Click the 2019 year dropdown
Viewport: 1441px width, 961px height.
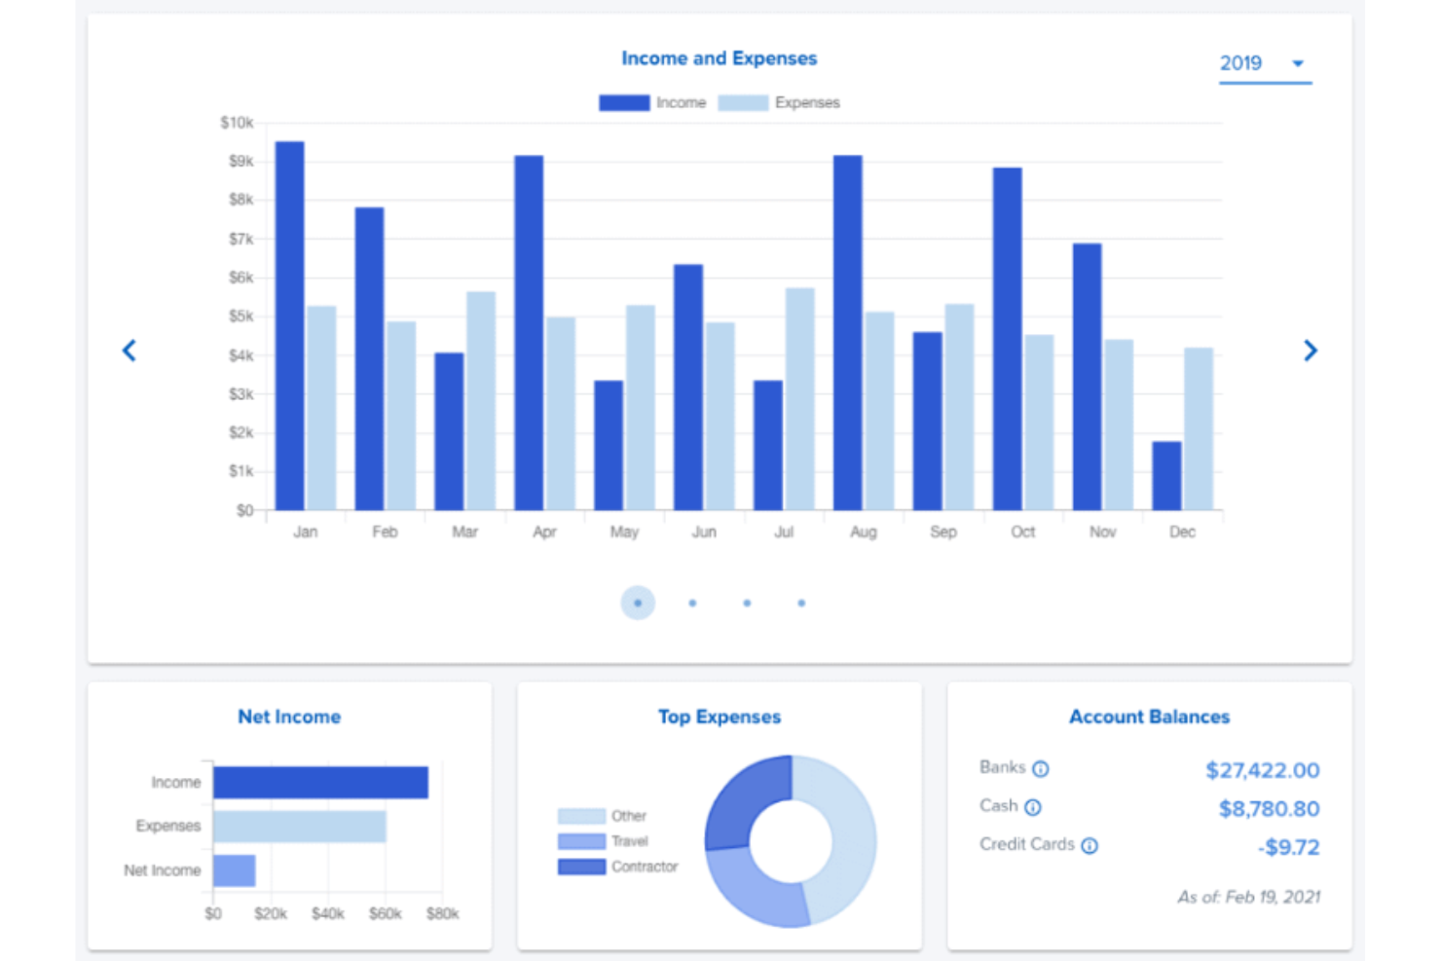coord(1263,64)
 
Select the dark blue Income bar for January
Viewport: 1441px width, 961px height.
coord(289,326)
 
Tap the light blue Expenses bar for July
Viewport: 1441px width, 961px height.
coord(799,399)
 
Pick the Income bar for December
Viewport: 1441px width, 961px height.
coord(1166,476)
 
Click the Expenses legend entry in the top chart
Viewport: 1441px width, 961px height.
coord(779,103)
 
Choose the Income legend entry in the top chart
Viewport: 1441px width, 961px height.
coord(652,103)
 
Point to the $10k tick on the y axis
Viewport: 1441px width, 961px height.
coord(237,123)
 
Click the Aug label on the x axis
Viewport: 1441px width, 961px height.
coord(863,532)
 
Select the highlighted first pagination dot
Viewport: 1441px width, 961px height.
coord(638,603)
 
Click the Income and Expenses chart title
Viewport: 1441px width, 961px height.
coord(719,58)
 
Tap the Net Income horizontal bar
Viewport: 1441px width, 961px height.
coord(234,870)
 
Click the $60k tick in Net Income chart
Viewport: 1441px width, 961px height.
coord(385,913)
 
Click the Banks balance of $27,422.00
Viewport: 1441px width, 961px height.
coord(1262,770)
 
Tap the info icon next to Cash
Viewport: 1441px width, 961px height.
coord(1033,807)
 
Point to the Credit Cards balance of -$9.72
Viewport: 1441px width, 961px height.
coord(1288,847)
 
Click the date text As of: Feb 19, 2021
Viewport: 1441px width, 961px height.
coord(1248,897)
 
